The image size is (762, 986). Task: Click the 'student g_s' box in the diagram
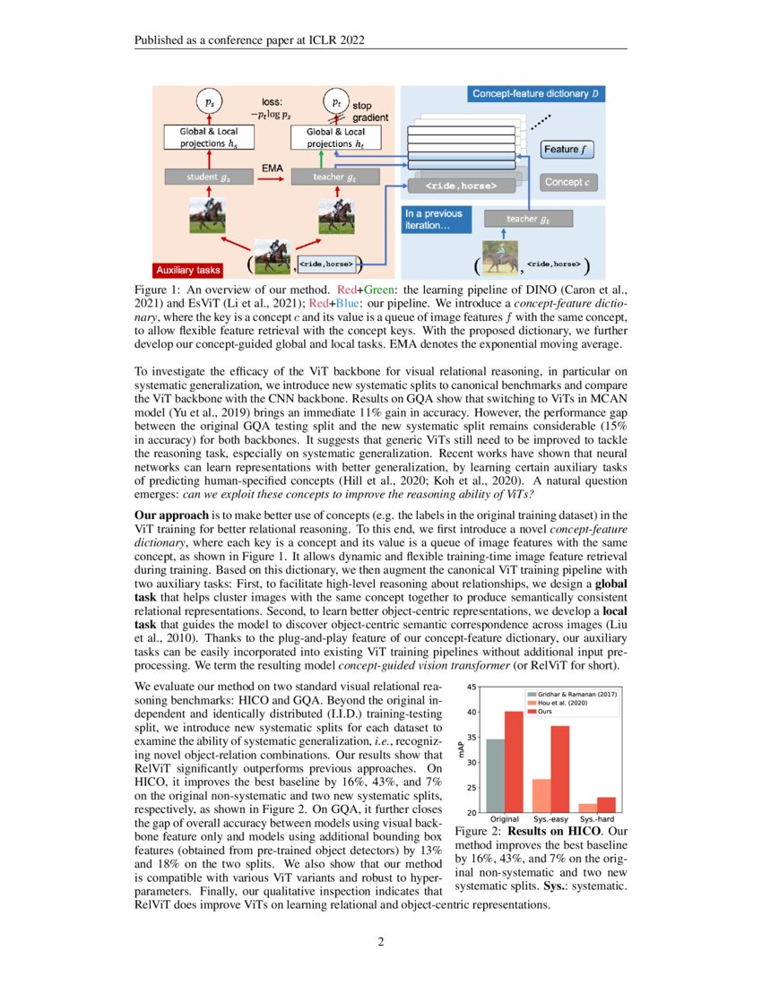pyautogui.click(x=206, y=178)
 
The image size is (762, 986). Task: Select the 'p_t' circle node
pyautogui.click(x=336, y=102)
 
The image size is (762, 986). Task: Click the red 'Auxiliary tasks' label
pyautogui.click(x=189, y=268)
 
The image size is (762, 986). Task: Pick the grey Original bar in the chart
pyautogui.click(x=494, y=775)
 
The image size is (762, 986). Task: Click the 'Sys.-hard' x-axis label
pyautogui.click(x=597, y=820)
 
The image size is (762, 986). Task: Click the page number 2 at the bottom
pyautogui.click(x=380, y=942)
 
